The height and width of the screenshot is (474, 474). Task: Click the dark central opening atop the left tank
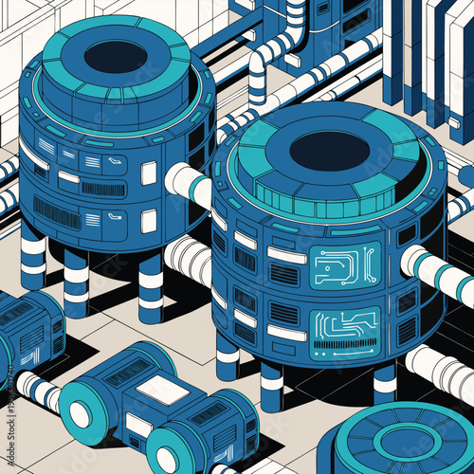click(115, 56)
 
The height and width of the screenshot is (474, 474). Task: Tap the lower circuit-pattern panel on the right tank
click(344, 326)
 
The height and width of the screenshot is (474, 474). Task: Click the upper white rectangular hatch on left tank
click(149, 173)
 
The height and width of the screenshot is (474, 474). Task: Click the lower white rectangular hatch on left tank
click(149, 221)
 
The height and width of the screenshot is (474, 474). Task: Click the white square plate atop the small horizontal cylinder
click(162, 389)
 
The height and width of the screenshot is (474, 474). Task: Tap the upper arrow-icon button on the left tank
click(115, 164)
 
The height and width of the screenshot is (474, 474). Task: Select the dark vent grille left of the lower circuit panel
click(283, 314)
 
